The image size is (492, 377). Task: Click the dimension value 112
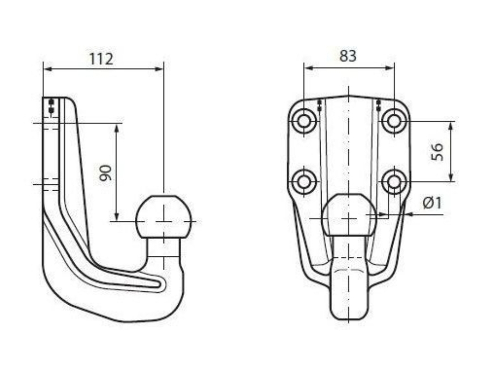click(x=101, y=59)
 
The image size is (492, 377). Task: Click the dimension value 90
click(x=105, y=173)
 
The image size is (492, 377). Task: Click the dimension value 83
click(x=348, y=56)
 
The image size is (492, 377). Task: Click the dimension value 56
click(x=437, y=152)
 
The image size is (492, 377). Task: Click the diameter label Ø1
click(x=432, y=203)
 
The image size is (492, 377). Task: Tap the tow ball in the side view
click(x=164, y=217)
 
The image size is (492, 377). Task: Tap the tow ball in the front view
click(x=349, y=214)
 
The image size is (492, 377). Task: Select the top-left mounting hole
click(x=304, y=121)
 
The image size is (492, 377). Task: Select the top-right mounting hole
click(x=394, y=121)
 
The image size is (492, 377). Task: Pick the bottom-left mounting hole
click(x=304, y=181)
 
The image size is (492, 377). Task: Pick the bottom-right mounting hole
click(x=394, y=181)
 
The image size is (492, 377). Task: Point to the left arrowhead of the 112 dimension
click(x=47, y=69)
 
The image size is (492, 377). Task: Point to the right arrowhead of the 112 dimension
click(x=159, y=69)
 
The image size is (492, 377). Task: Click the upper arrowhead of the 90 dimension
click(x=117, y=128)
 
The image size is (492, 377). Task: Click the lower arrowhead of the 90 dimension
click(x=117, y=216)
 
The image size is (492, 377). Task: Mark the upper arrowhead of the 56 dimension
click(x=451, y=126)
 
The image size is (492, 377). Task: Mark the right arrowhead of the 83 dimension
click(x=389, y=68)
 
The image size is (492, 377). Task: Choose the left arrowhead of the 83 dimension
click(x=308, y=68)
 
